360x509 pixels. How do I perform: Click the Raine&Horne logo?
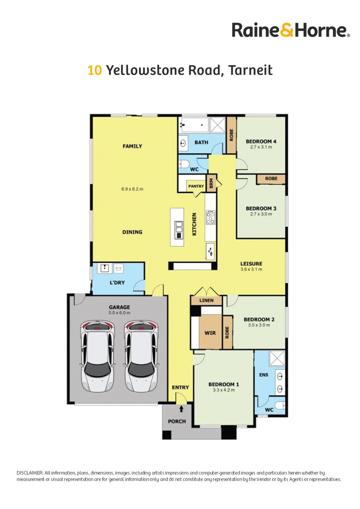tap(291, 30)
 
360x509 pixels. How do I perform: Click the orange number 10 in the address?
tap(94, 70)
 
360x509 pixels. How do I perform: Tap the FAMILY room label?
tap(132, 147)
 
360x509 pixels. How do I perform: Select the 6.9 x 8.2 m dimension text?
tap(132, 189)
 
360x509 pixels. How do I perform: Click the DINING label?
tap(132, 232)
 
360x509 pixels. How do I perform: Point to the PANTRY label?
tap(196, 186)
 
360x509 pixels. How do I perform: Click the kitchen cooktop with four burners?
tap(210, 218)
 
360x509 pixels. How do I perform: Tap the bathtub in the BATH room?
tap(193, 125)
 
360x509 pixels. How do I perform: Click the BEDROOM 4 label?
tap(261, 142)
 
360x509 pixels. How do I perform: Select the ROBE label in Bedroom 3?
tap(271, 179)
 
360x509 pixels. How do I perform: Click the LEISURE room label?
tap(251, 263)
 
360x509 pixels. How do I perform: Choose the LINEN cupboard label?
tap(206, 301)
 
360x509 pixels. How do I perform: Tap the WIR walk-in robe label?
tap(210, 333)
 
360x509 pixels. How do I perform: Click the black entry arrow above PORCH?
tap(181, 409)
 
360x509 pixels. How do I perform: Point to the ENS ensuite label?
tap(264, 375)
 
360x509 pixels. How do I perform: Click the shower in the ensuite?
tap(277, 359)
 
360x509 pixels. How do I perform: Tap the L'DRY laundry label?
tap(117, 283)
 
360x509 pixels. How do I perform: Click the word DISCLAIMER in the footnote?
tap(30, 473)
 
